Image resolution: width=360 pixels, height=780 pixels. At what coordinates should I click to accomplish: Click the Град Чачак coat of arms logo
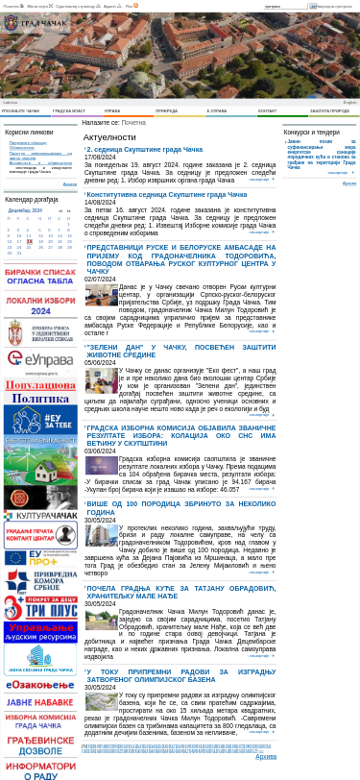[x=11, y=23]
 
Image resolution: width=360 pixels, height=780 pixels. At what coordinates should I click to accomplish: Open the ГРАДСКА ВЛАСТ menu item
[x=69, y=111]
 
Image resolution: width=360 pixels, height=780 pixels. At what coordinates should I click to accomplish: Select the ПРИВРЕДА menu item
[x=166, y=111]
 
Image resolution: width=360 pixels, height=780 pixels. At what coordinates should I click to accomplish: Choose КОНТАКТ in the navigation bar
[x=267, y=111]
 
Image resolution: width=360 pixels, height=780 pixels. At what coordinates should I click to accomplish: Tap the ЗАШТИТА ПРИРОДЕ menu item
[x=329, y=111]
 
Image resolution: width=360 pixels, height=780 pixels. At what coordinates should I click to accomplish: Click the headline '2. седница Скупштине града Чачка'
[x=146, y=150]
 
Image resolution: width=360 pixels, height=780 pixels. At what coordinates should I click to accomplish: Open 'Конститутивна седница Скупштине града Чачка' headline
[x=167, y=195]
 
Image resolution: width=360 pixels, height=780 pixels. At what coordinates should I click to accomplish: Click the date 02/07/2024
[x=100, y=279]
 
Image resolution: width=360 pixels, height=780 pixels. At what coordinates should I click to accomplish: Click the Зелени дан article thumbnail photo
[x=102, y=380]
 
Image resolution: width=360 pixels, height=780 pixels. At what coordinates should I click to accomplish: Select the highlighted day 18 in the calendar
[x=30, y=242]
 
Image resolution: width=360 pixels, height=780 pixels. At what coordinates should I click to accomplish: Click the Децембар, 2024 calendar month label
[x=25, y=210]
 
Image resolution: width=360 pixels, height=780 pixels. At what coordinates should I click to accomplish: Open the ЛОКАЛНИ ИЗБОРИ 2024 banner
[x=40, y=305]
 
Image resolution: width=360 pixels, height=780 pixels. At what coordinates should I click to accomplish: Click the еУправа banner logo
[x=40, y=359]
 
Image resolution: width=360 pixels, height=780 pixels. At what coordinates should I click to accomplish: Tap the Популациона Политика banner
[x=40, y=392]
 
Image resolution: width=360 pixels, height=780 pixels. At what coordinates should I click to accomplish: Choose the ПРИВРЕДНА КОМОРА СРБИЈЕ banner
[x=40, y=581]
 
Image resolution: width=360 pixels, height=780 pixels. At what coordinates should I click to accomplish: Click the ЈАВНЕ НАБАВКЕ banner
[x=40, y=702]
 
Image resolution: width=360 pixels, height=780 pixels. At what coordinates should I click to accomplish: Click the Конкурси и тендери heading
[x=311, y=133]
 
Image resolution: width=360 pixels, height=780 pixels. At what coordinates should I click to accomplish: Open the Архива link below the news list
[x=265, y=757]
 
